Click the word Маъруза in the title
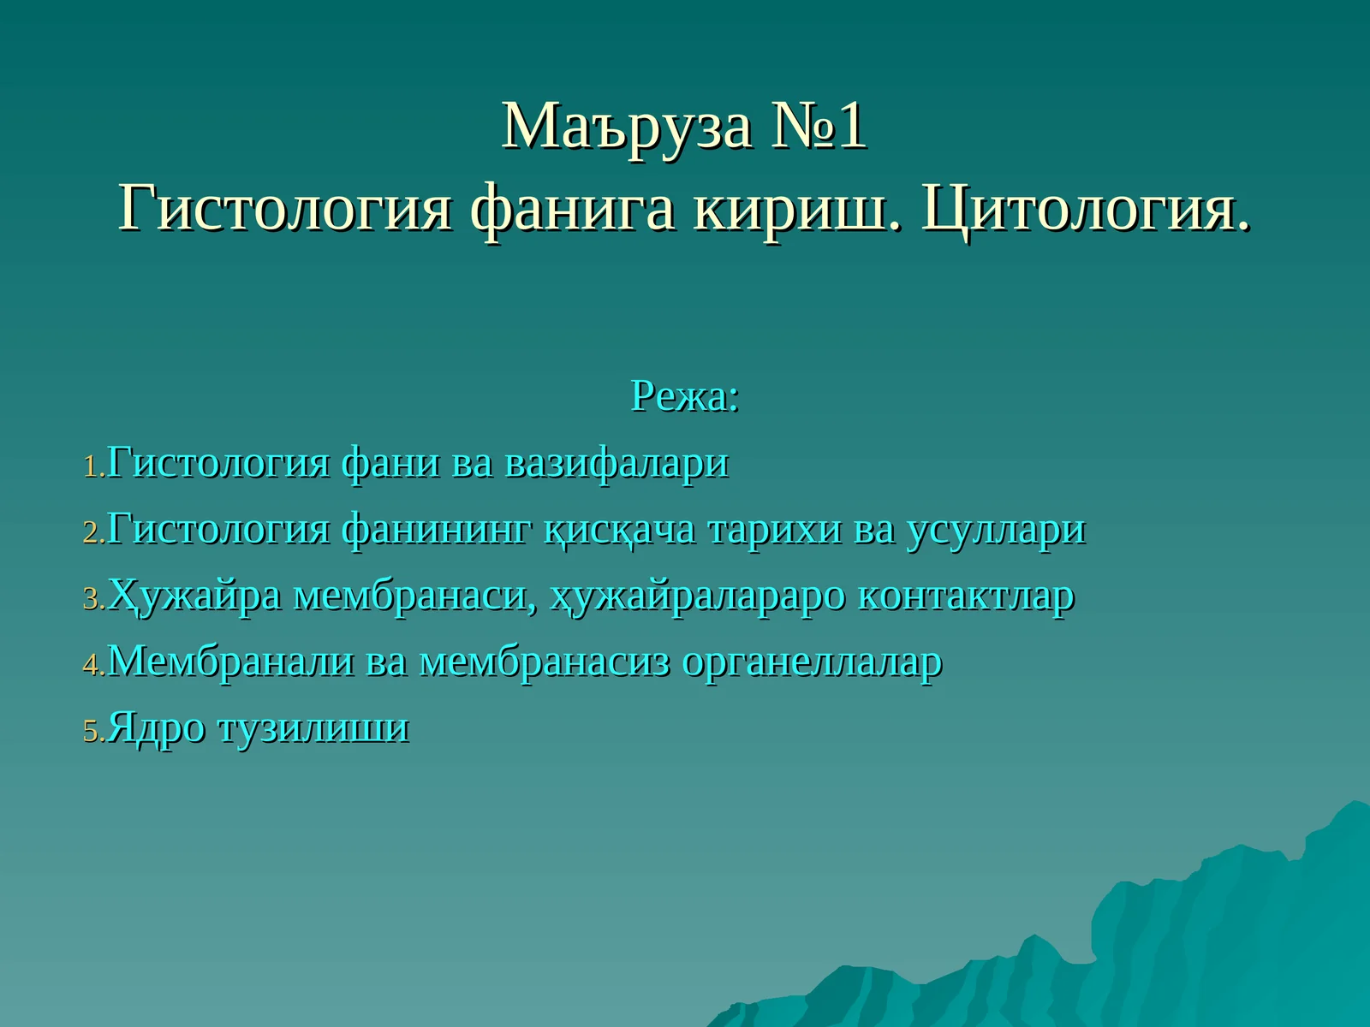(627, 127)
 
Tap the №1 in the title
(819, 127)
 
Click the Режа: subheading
(684, 396)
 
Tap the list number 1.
(92, 467)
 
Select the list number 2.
(92, 533)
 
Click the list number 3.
(92, 599)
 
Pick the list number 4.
(92, 665)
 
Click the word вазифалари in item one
(616, 463)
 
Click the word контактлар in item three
(965, 596)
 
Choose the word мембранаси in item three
(415, 596)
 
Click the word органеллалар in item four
(812, 662)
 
